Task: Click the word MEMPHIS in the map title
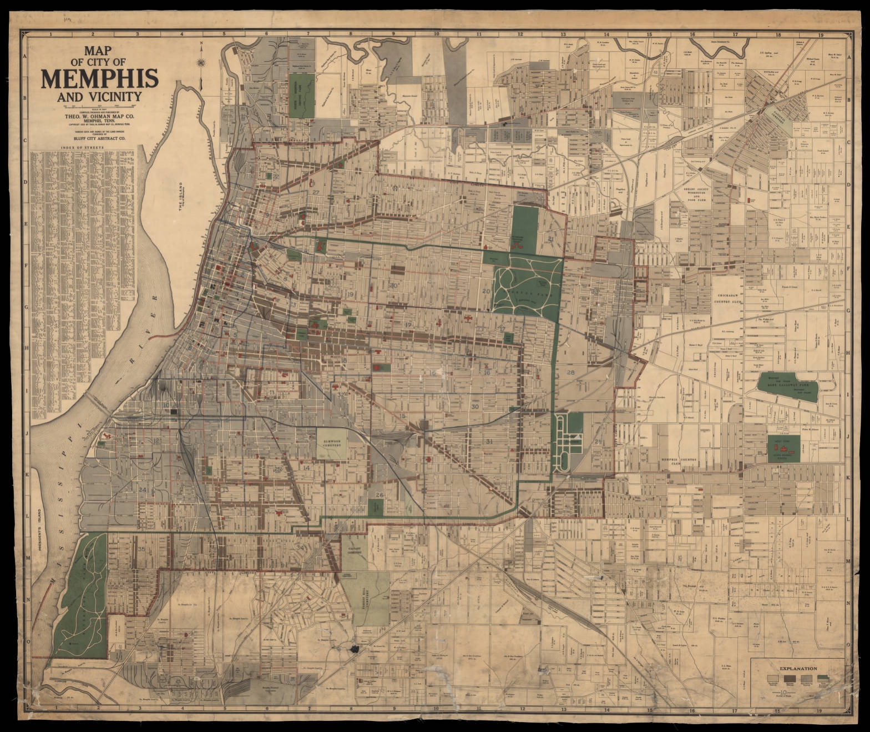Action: pyautogui.click(x=99, y=79)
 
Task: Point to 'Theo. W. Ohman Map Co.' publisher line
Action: pyautogui.click(x=99, y=117)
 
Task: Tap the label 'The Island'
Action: pyautogui.click(x=180, y=197)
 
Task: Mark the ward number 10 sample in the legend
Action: pyautogui.click(x=782, y=693)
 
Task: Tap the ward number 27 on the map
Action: pyautogui.click(x=316, y=192)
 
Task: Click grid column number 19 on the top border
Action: pyautogui.click(x=818, y=34)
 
